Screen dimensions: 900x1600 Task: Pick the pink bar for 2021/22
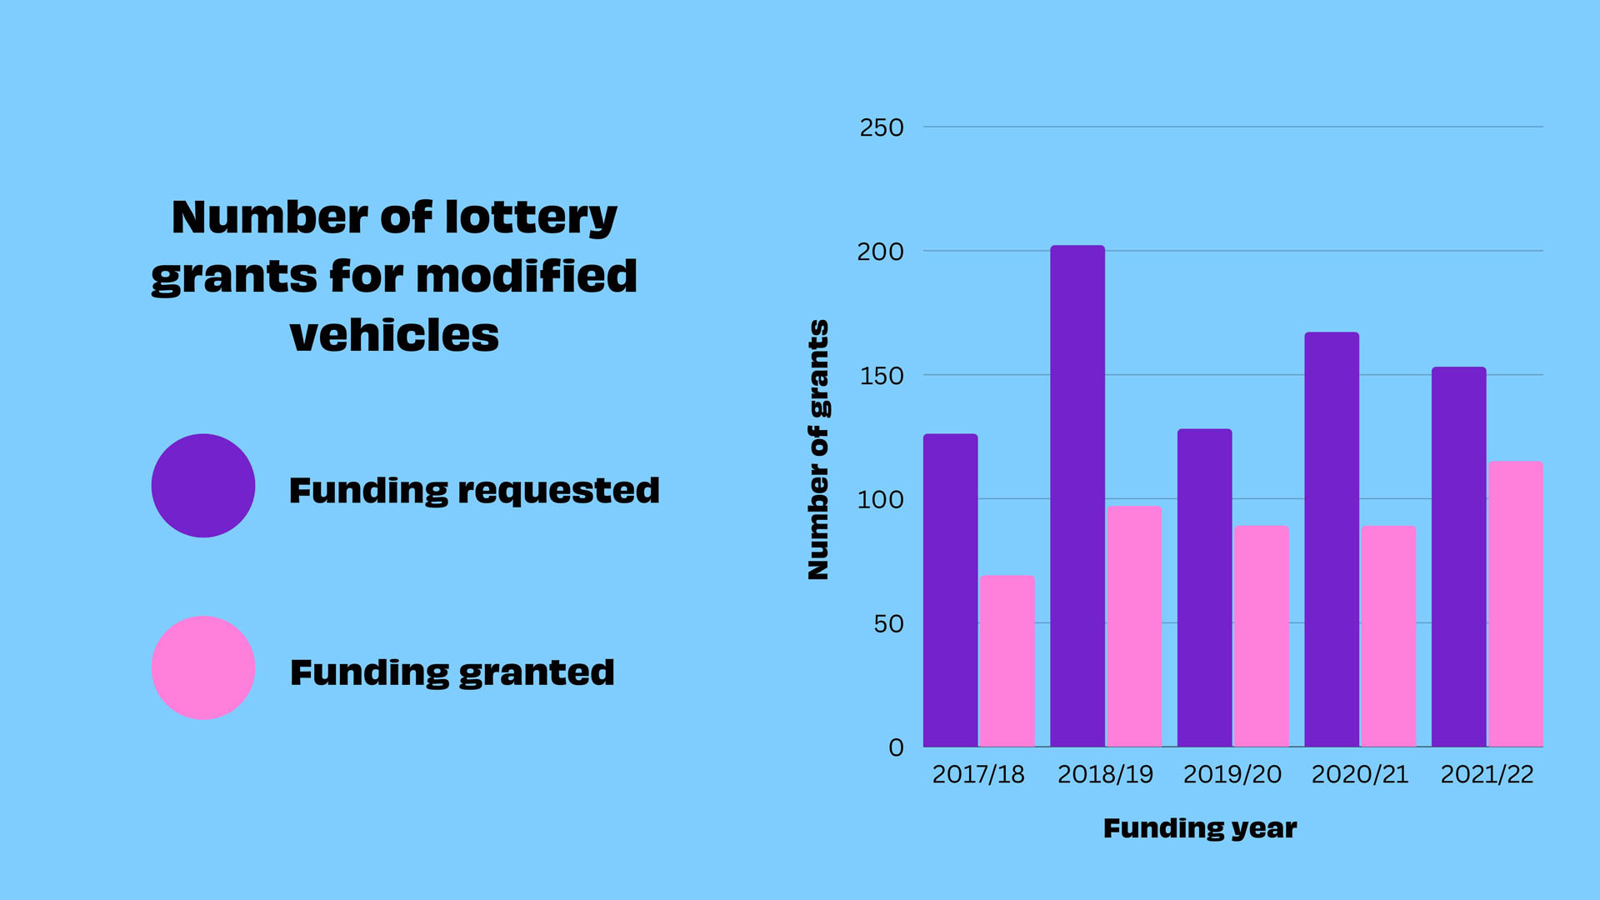pyautogui.click(x=1515, y=604)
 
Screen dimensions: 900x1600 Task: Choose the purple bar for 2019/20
pyautogui.click(x=1204, y=587)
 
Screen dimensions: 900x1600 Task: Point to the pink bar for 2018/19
pyautogui.click(x=1134, y=626)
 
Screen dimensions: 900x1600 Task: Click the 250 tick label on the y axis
pyautogui.click(x=882, y=127)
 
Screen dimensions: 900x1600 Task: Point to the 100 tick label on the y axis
pyautogui.click(x=881, y=500)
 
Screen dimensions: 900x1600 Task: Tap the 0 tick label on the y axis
pyautogui.click(x=896, y=747)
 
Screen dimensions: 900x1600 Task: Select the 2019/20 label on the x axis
pyautogui.click(x=1232, y=775)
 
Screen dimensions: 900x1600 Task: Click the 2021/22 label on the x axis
pyautogui.click(x=1487, y=775)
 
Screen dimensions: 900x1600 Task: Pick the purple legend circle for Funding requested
pyautogui.click(x=203, y=486)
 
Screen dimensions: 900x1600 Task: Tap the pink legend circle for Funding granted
pyautogui.click(x=203, y=667)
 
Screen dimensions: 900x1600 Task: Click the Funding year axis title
pyautogui.click(x=1200, y=828)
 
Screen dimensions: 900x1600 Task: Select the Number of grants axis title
pyautogui.click(x=818, y=449)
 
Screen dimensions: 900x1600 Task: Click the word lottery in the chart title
pyautogui.click(x=531, y=218)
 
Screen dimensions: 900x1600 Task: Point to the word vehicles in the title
pyautogui.click(x=394, y=335)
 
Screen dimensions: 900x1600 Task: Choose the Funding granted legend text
pyautogui.click(x=452, y=672)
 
